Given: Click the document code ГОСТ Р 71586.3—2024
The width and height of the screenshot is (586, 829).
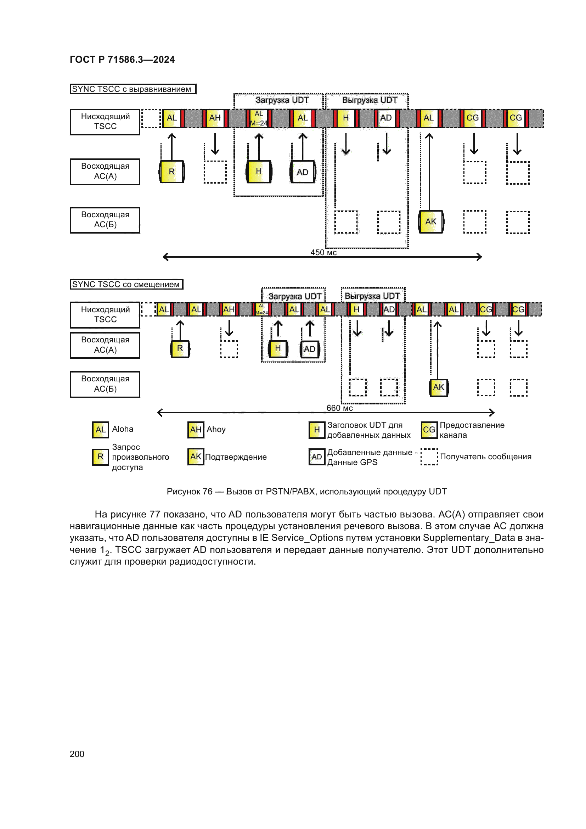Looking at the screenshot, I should [x=122, y=60].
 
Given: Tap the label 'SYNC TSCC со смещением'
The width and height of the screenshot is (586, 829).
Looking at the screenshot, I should [x=126, y=284].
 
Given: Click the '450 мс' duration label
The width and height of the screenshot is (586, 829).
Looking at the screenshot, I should [x=323, y=252].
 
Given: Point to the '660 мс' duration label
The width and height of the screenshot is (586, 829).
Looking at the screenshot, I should [x=339, y=408].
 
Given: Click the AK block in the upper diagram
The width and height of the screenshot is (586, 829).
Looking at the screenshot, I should [x=431, y=222].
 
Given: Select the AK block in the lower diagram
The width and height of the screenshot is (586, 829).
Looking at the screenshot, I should [x=438, y=387].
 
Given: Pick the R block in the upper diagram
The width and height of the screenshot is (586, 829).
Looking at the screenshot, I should [x=172, y=172].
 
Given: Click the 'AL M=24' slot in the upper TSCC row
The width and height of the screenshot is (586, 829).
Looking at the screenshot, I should [x=259, y=118].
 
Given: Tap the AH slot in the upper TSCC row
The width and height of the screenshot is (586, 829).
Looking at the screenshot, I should [x=215, y=118].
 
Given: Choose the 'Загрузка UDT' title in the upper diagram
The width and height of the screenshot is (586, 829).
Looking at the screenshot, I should [x=282, y=100].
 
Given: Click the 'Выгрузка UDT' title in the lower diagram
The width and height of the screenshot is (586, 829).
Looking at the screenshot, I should [x=372, y=296].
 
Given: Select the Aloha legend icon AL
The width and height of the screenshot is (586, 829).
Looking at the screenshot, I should [x=100, y=430].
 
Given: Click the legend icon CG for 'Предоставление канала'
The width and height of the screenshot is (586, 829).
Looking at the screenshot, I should [x=429, y=430].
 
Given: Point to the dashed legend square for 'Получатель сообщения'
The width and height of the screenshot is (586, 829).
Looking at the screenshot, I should [x=429, y=457].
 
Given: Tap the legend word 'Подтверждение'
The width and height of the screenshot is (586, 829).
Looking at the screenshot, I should [x=236, y=457].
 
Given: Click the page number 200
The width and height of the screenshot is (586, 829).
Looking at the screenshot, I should [x=77, y=754].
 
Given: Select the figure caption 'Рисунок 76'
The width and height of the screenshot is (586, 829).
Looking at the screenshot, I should [x=190, y=491].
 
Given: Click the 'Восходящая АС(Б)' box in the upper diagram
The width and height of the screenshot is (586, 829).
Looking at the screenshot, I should [x=105, y=220].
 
